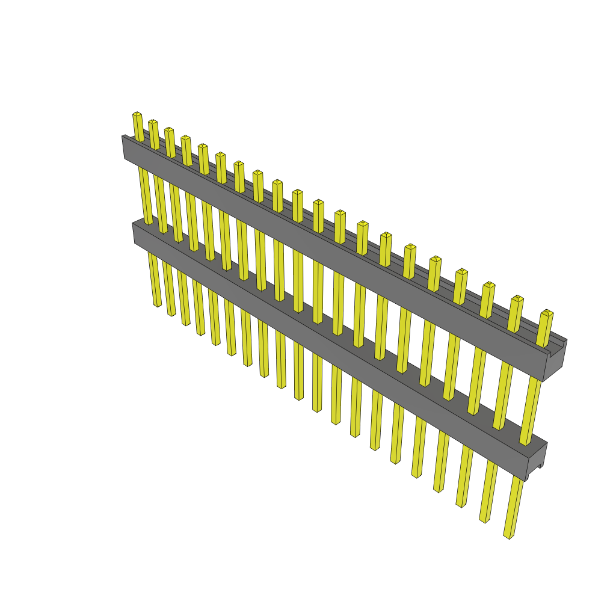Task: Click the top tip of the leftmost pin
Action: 137,114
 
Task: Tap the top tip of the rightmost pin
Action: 547,313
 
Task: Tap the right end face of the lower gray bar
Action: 536,462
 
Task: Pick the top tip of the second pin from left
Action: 153,122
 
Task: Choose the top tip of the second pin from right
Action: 517,299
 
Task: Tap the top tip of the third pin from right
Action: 489,285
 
